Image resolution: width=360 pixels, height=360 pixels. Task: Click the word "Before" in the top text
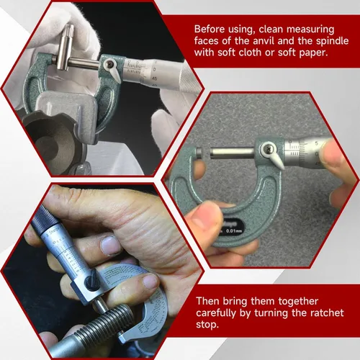tap(210, 30)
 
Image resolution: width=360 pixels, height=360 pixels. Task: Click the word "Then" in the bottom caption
tap(207, 301)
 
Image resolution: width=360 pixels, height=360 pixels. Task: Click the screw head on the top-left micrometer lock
tap(110, 64)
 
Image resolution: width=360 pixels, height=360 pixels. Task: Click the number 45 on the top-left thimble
tap(155, 78)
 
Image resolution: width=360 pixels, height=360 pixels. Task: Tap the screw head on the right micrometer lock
tap(269, 150)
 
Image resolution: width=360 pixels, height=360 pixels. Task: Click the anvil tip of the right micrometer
tap(199, 153)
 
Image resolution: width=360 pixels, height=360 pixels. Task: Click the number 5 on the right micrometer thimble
tap(316, 143)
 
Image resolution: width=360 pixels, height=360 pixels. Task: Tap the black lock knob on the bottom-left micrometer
tap(92, 282)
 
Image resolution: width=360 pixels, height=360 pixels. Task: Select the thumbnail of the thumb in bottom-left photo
tap(110, 246)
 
